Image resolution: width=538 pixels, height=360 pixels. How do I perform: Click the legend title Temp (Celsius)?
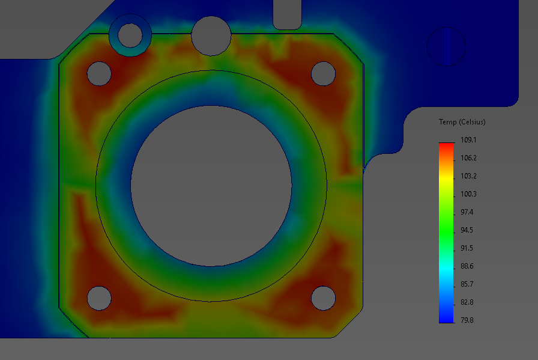coord(462,122)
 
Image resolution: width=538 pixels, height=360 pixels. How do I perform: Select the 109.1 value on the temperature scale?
coord(468,140)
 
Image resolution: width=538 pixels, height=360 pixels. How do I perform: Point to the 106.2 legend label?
coord(468,158)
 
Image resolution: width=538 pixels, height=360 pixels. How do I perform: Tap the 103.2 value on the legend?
coord(468,176)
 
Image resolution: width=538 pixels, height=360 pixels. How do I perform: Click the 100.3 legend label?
coord(468,194)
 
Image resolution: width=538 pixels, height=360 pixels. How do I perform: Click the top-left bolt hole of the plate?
coord(99,73)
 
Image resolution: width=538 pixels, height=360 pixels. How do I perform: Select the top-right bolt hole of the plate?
coord(323,73)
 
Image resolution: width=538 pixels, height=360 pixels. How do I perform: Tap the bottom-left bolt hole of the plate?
coord(99,298)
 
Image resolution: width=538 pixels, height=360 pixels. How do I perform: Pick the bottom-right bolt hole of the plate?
coord(323,298)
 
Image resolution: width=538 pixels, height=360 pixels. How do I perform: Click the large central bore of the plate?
coord(211,186)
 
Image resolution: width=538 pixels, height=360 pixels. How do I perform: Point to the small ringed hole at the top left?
coord(130,35)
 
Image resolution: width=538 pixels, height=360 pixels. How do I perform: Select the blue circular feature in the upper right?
coord(446,46)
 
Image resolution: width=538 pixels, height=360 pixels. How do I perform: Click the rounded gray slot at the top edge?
coord(287,13)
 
